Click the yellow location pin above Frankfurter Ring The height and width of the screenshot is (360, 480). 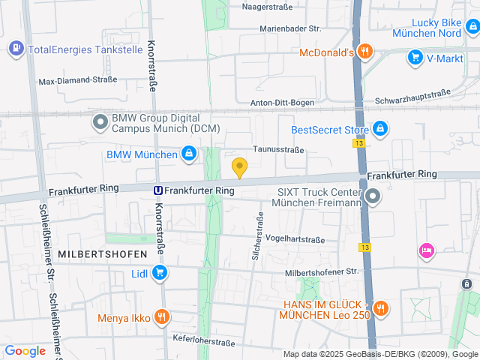point(239,167)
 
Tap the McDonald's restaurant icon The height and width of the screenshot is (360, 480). point(364,52)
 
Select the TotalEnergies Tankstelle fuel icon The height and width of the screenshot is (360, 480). point(15,49)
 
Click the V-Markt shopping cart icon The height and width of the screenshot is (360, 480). point(415,57)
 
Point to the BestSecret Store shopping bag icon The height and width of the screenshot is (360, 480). point(380,129)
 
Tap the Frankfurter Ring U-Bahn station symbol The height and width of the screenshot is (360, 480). point(158,190)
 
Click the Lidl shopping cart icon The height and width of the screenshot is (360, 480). point(159,273)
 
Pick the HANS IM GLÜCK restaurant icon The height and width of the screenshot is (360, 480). point(380,309)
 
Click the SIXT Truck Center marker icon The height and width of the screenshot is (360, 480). point(373,196)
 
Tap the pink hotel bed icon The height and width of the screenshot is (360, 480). point(426,250)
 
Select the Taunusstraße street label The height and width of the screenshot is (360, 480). point(278,149)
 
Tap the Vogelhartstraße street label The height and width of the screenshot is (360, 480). point(295,240)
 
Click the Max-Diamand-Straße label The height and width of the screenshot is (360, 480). point(77,79)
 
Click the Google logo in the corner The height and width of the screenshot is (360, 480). point(25,350)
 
